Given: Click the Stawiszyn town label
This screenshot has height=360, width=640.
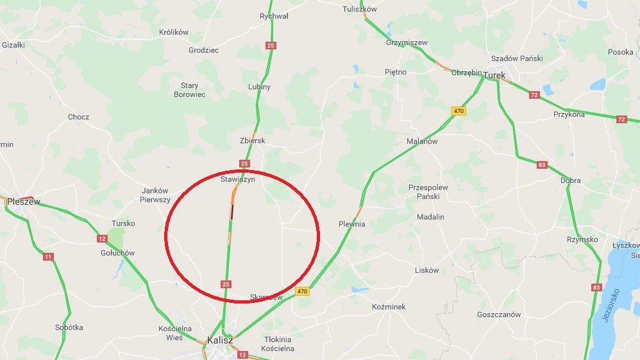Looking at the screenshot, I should pyautogui.click(x=238, y=180).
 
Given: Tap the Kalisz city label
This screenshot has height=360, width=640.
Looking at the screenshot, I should pyautogui.click(x=220, y=340).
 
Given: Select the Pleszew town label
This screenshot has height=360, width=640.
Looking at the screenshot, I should pyautogui.click(x=23, y=201).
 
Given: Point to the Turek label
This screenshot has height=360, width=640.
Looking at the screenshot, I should pyautogui.click(x=494, y=75).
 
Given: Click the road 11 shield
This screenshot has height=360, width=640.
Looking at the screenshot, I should pyautogui.click(x=49, y=257).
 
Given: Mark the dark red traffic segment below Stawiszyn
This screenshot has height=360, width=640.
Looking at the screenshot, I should pyautogui.click(x=232, y=210).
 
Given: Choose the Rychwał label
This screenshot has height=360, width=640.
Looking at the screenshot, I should pyautogui.click(x=274, y=16).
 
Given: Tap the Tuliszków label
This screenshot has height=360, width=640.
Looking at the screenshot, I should pyautogui.click(x=360, y=9).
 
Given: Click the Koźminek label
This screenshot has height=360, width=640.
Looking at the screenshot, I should pyautogui.click(x=389, y=307).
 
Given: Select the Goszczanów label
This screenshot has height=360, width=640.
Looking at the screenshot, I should pyautogui.click(x=499, y=314).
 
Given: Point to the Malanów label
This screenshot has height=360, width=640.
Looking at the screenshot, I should pyautogui.click(x=422, y=141).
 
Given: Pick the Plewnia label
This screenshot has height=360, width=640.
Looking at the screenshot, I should pyautogui.click(x=351, y=224).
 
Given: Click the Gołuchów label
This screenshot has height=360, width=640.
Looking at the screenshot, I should pyautogui.click(x=117, y=253).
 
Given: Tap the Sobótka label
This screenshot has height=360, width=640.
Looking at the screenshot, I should pyautogui.click(x=69, y=327).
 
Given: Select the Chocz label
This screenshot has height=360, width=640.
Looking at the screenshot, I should pyautogui.click(x=78, y=117).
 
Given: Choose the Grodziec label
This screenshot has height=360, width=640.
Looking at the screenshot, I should pyautogui.click(x=203, y=50).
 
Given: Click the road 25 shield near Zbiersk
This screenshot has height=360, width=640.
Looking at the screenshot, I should pyautogui.click(x=244, y=164).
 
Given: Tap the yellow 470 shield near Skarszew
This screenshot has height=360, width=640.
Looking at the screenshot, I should pyautogui.click(x=302, y=291).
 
